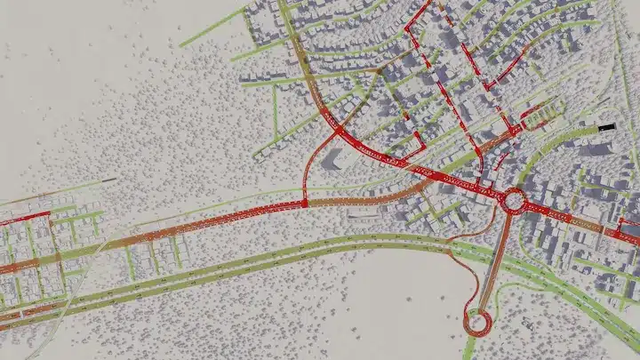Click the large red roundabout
(514, 201)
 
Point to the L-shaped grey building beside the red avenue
(332, 159)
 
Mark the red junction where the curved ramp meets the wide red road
(306, 204)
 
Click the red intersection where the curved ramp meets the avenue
(340, 132)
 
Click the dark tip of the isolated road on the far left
(110, 180)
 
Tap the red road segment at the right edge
(628, 234)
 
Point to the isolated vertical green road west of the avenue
(275, 111)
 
